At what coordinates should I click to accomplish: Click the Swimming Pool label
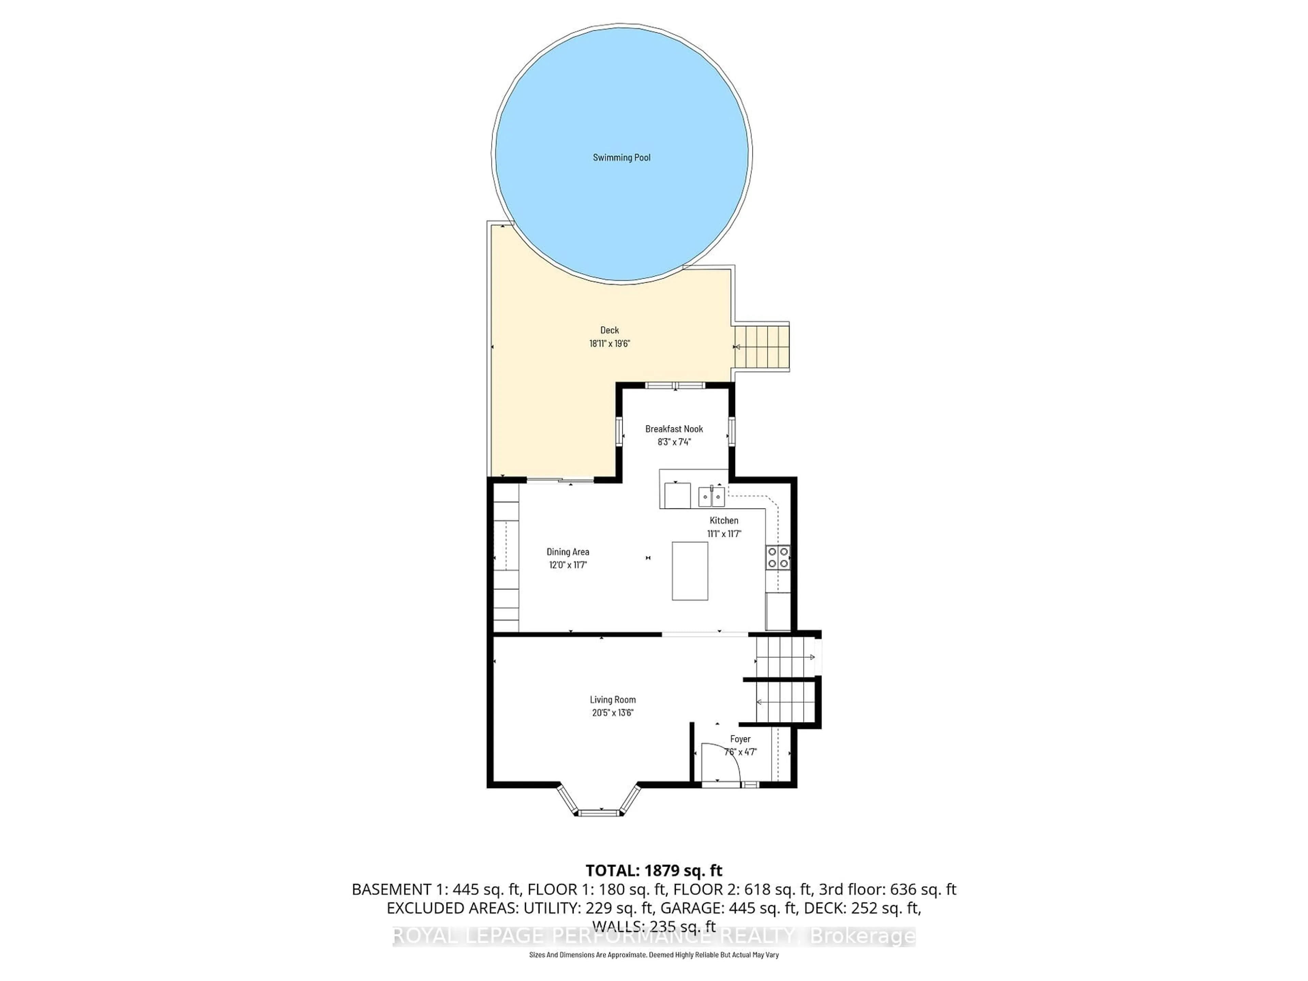coord(622,157)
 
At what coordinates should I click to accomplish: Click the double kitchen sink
coord(711,497)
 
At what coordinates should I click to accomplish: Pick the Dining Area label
coord(568,552)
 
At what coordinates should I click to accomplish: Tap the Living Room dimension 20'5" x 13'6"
coord(612,713)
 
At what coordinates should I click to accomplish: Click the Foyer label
coord(740,738)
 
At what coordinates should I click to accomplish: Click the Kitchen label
coord(724,520)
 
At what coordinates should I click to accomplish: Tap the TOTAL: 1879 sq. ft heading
coord(653,870)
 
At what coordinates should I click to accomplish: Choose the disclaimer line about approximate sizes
coord(653,955)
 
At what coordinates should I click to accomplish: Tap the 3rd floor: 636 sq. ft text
coord(887,889)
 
